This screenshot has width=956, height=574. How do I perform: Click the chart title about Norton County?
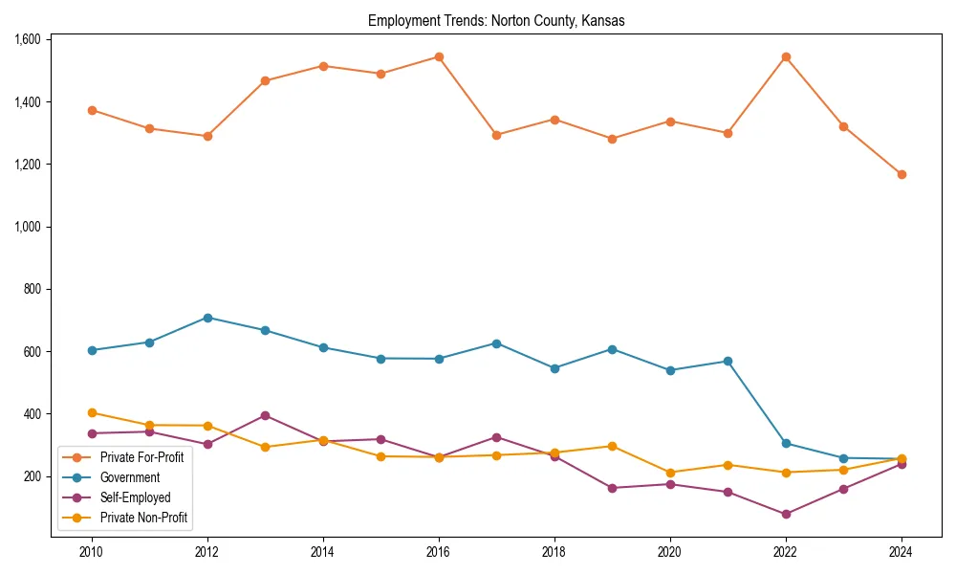496,21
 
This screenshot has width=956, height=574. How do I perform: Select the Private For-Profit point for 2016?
439,56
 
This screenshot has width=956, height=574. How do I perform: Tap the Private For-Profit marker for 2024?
902,174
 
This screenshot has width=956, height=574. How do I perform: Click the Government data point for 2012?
207,318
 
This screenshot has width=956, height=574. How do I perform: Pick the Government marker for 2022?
786,443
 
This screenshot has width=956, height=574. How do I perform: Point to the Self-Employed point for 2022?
786,514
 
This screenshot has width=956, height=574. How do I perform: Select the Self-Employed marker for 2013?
265,415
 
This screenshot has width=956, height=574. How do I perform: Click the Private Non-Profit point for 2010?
92,412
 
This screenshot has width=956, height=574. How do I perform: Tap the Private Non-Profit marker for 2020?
670,473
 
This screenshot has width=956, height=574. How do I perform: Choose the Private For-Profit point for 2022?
786,56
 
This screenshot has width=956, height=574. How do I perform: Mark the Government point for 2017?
496,342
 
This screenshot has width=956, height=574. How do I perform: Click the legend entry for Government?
130,477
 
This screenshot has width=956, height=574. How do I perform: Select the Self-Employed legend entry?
135,497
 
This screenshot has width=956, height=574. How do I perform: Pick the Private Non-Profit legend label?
143,519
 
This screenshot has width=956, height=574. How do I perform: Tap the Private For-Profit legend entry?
141,457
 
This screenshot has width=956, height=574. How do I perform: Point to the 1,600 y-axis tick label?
29,39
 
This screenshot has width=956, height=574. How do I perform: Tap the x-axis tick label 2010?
92,552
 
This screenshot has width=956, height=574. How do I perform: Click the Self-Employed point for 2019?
612,488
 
